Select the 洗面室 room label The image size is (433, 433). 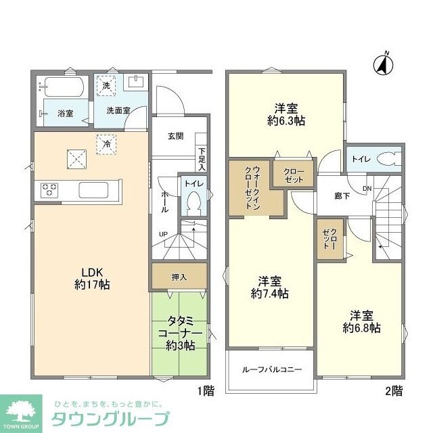pos(118,110)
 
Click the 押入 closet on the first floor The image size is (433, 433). pos(179,277)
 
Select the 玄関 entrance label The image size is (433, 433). pos(175,135)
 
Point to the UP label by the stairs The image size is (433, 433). pos(163,235)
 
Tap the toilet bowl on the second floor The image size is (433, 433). pos(386,159)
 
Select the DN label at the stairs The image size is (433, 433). pos(367,188)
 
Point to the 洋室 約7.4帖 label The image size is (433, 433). pos(269,288)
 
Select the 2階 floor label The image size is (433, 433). pos(394,391)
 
